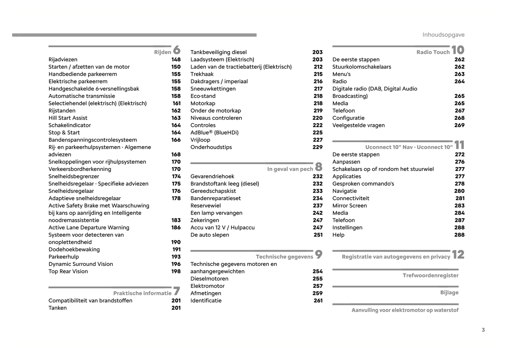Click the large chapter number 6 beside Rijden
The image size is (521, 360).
click(x=177, y=50)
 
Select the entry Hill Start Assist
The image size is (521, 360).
click(x=68, y=118)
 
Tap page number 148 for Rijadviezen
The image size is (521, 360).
click(x=176, y=60)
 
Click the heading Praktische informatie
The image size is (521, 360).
click(x=142, y=293)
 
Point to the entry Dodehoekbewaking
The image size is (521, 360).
click(x=74, y=250)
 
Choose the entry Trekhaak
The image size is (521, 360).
click(x=202, y=74)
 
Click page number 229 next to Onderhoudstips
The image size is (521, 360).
click(x=318, y=147)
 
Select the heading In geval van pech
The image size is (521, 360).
click(x=290, y=169)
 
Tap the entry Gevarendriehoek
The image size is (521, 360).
click(x=212, y=176)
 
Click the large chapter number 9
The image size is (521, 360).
click(x=319, y=255)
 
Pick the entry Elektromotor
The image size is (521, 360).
click(x=207, y=286)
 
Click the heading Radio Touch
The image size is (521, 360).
click(x=433, y=52)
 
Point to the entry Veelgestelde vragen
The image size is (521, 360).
click(x=358, y=126)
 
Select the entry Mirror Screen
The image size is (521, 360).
click(x=349, y=206)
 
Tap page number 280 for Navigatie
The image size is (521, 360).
click(x=459, y=191)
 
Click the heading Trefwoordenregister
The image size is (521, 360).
click(x=431, y=276)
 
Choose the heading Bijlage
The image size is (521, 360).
click(x=449, y=293)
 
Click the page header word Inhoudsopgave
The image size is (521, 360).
click(x=443, y=35)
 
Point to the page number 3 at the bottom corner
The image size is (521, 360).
click(x=483, y=330)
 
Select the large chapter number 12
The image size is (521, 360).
click(x=458, y=255)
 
